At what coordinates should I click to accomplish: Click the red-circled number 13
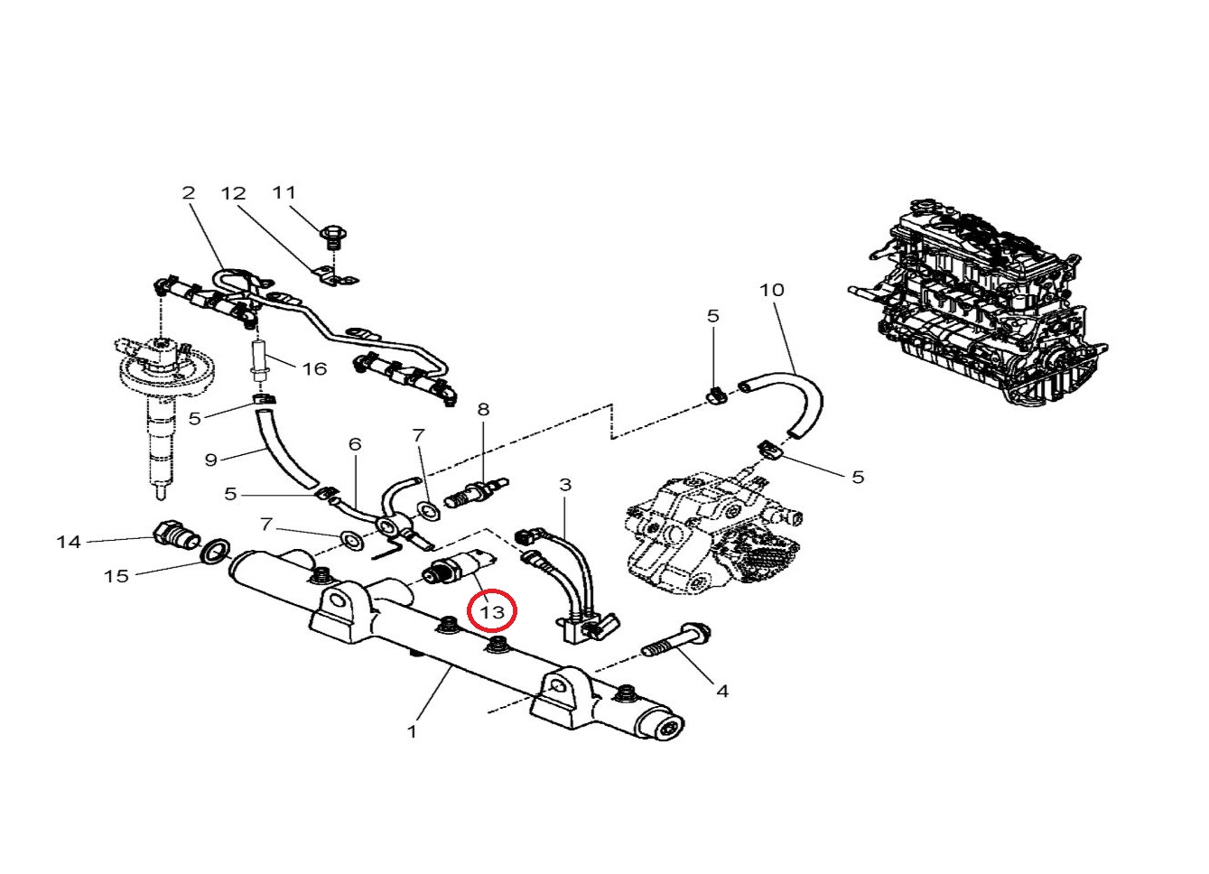(492, 611)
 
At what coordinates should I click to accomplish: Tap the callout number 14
(69, 542)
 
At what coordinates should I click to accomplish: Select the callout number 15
(116, 575)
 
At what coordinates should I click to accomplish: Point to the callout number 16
(313, 368)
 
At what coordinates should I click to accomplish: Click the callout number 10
(772, 290)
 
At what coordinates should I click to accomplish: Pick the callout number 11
(284, 192)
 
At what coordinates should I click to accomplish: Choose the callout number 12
(233, 192)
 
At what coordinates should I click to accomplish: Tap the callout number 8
(483, 409)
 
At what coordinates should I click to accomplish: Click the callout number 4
(722, 691)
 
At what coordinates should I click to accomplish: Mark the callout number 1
(413, 731)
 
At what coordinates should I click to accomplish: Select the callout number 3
(565, 485)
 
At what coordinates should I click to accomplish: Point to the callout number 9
(211, 460)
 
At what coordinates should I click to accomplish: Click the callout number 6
(355, 443)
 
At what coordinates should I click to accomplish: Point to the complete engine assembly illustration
(984, 307)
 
